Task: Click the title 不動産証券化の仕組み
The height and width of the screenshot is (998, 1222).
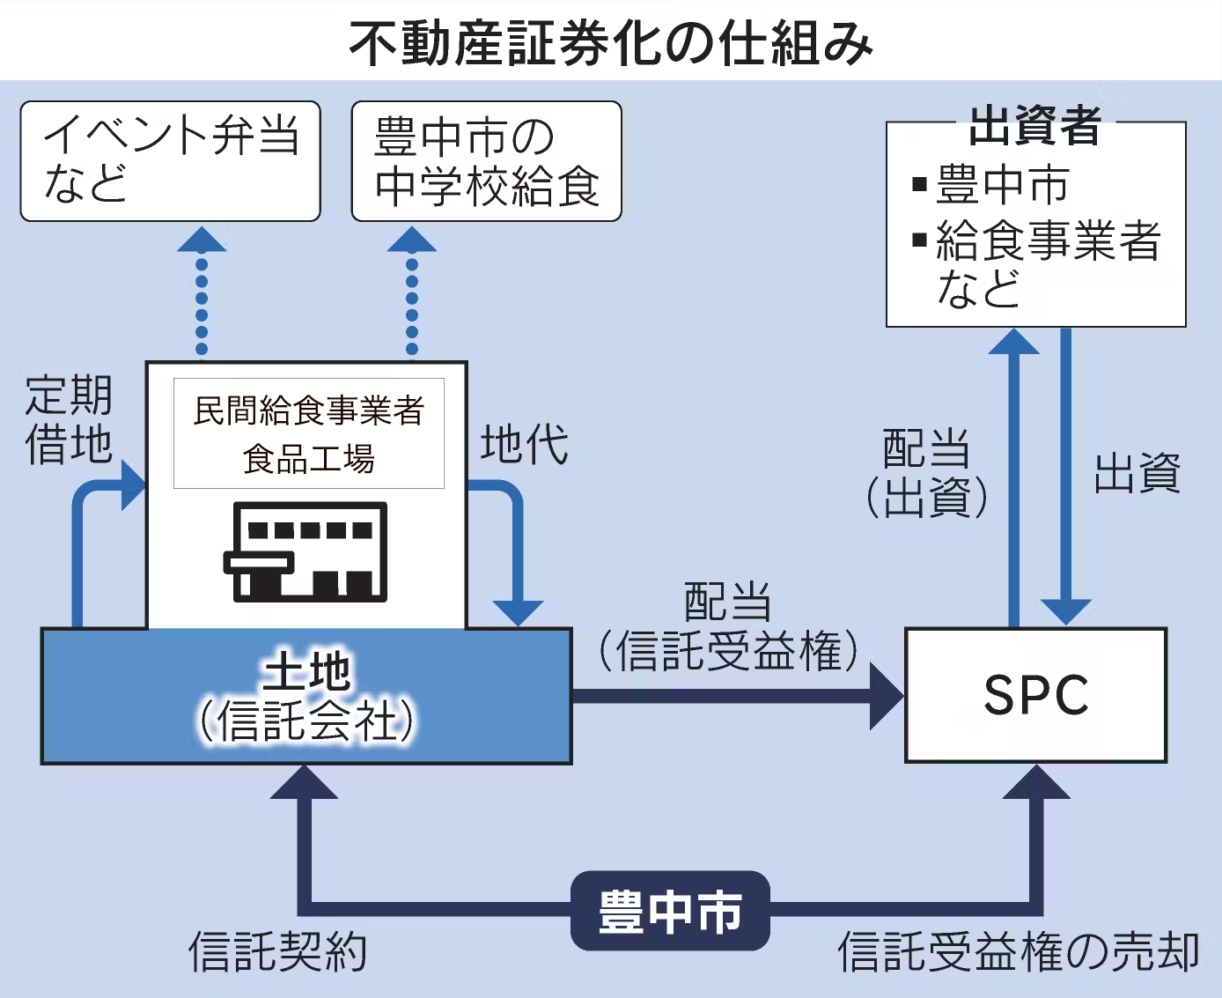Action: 611,42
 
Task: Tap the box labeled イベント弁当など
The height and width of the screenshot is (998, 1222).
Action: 170,160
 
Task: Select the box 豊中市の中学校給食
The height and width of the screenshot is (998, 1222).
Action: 486,161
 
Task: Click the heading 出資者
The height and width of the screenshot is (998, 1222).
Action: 1035,125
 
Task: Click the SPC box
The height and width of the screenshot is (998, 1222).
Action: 1035,695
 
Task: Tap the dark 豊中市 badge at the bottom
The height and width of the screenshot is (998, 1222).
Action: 670,911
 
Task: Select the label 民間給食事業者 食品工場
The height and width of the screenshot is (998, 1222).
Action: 309,434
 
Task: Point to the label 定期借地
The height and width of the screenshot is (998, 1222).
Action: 69,419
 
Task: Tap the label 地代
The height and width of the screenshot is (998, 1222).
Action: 524,444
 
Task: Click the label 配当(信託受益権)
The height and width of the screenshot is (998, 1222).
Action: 727,627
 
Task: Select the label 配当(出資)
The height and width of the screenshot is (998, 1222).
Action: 926,473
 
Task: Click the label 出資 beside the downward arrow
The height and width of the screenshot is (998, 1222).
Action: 1137,474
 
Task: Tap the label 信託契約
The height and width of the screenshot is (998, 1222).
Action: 277,952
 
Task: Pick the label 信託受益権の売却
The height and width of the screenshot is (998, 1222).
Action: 1018,952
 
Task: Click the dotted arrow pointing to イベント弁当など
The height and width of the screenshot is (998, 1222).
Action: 202,295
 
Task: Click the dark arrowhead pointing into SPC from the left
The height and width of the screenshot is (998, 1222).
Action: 885,696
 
